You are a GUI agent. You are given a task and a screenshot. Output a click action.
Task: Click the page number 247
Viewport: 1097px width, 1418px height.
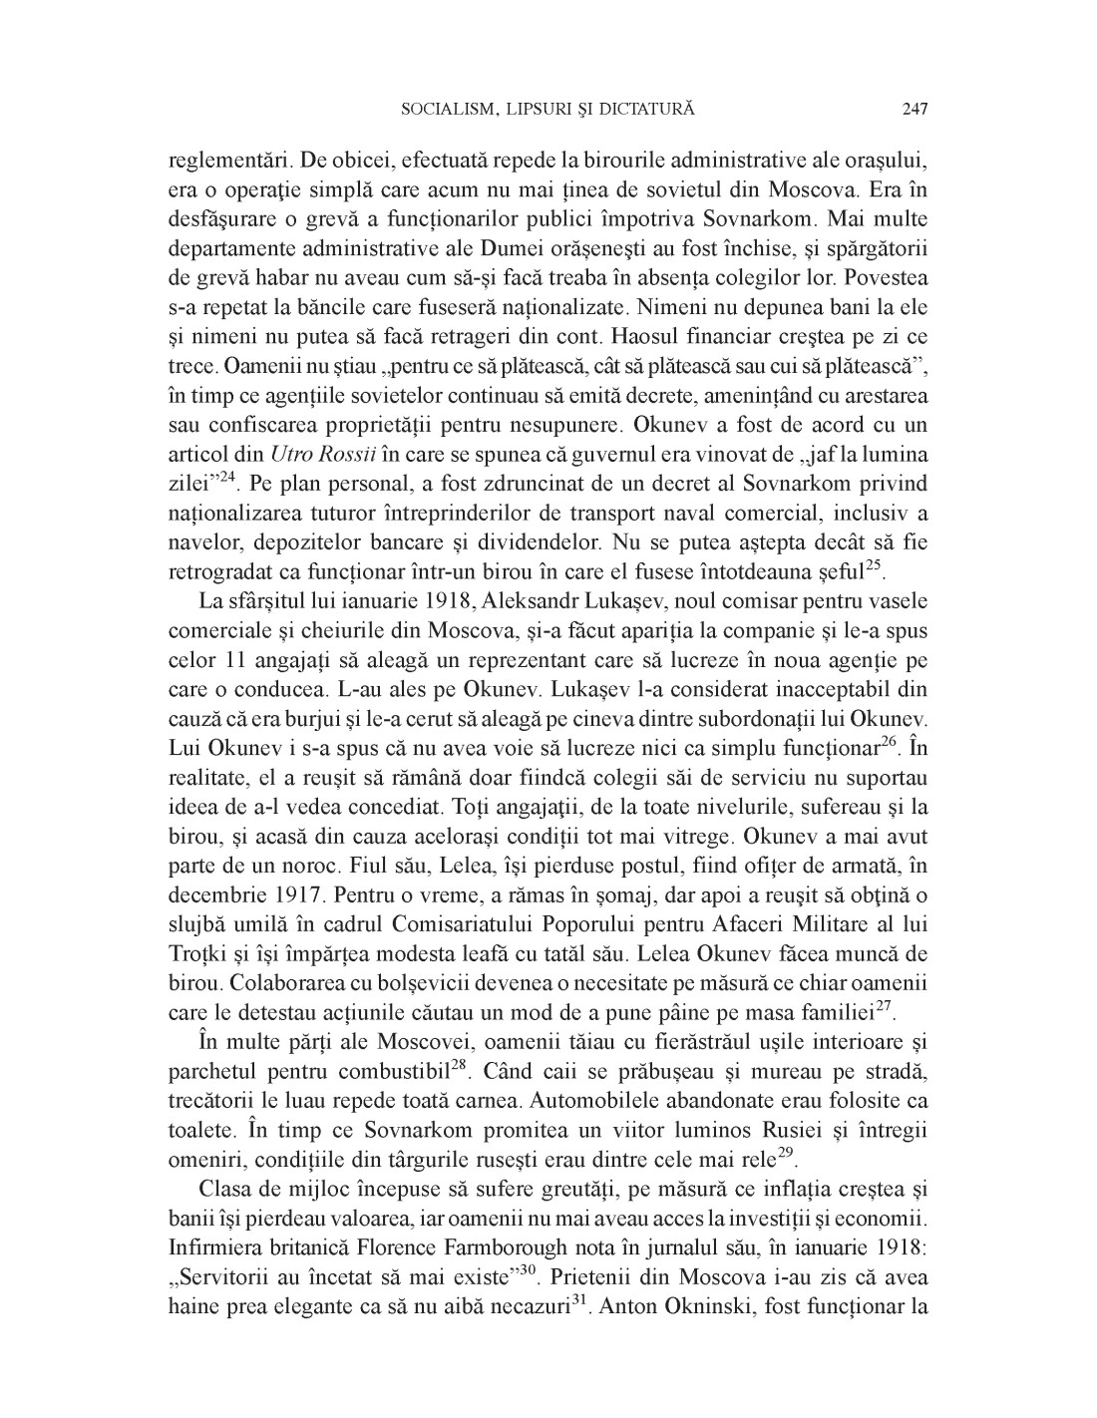[914, 109]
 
